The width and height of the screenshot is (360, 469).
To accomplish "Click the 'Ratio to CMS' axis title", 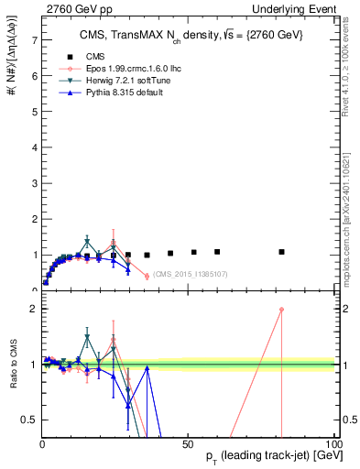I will point(13,365).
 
